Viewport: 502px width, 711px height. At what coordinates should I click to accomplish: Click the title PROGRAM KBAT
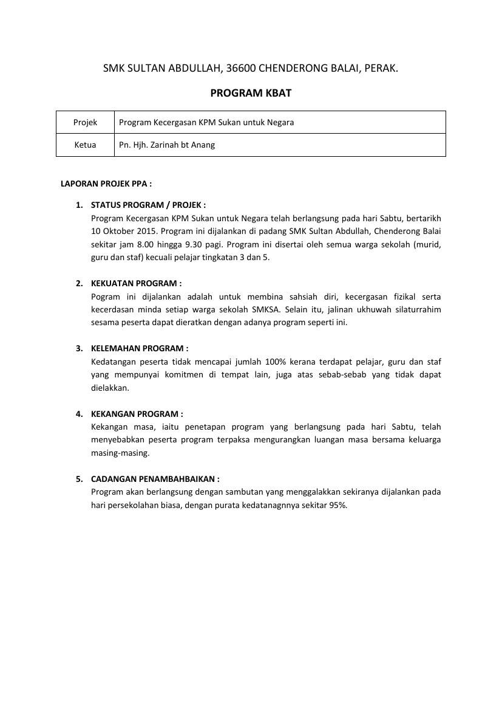[x=251, y=93]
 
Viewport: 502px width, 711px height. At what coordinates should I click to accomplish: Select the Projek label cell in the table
[x=85, y=122]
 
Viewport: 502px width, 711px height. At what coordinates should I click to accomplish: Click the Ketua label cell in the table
[x=85, y=145]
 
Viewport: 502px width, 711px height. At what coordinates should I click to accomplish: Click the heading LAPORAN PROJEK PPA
[x=106, y=183]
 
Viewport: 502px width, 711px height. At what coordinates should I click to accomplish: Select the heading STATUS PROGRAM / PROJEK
[x=148, y=205]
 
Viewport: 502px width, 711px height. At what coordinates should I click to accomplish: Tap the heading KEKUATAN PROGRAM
[x=136, y=283]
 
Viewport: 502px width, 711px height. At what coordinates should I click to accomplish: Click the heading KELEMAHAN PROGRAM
[x=140, y=348]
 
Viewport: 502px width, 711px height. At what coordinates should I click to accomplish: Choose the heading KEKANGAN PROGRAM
[x=137, y=414]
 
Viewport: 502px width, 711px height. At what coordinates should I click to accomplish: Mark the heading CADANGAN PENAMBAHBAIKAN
[x=155, y=479]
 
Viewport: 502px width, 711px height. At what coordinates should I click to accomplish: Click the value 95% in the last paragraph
[x=339, y=505]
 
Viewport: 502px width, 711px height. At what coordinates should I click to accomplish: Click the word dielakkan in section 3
[x=110, y=388]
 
